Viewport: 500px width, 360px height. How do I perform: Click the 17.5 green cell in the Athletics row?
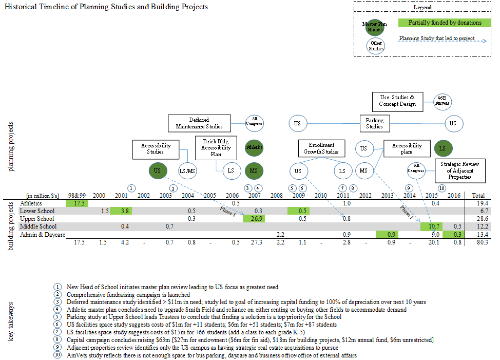[77, 203]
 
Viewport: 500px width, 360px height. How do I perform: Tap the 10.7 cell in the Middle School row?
[432, 226]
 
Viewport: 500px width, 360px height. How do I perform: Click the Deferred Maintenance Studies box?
[199, 123]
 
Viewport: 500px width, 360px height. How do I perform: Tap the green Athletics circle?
[254, 147]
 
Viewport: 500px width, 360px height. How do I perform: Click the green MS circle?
[254, 170]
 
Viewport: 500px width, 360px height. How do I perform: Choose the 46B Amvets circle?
[442, 101]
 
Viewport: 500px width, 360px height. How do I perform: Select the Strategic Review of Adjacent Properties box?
[460, 170]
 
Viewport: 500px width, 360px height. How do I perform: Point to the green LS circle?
[443, 148]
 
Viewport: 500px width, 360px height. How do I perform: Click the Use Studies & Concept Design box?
[398, 101]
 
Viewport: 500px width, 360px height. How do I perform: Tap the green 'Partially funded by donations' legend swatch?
[445, 23]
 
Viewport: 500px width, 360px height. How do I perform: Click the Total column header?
[477, 196]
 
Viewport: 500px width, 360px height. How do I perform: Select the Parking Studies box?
[375, 123]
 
